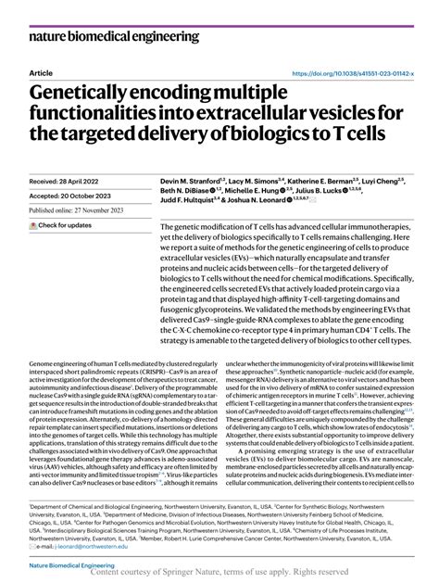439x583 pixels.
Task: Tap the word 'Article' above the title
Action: [41, 72]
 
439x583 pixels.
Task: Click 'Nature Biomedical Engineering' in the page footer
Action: [69, 564]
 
